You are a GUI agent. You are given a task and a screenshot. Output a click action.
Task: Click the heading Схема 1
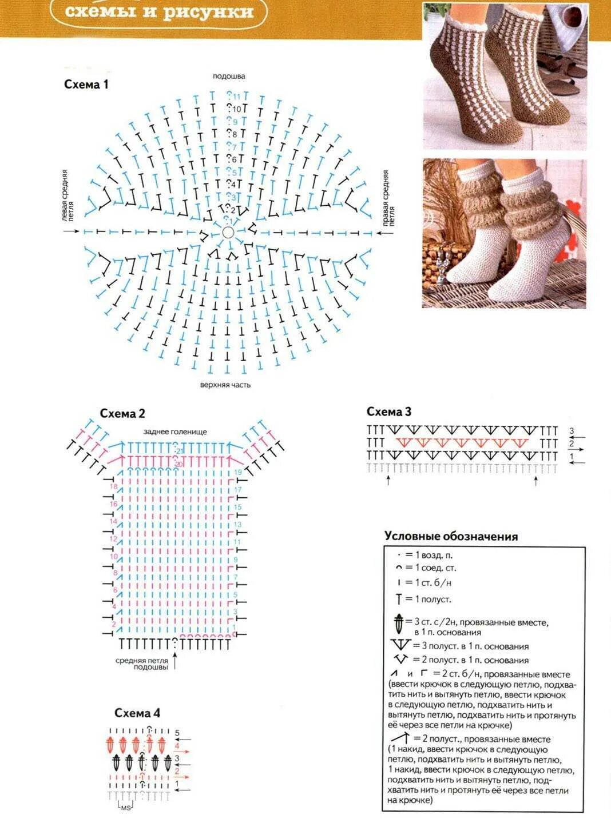[x=86, y=85]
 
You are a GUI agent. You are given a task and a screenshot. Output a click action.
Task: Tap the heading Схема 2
[x=122, y=413]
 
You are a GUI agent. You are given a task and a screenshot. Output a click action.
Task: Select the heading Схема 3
[x=389, y=411]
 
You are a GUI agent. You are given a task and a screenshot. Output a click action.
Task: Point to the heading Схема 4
[x=137, y=713]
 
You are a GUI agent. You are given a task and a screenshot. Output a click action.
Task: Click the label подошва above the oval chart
[x=229, y=76]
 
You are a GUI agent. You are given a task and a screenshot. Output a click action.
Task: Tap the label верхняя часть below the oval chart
[x=225, y=385]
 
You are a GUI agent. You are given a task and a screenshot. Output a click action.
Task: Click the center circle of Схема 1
[x=228, y=232]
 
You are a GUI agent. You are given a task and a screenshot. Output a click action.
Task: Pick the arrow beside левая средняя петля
[x=72, y=231]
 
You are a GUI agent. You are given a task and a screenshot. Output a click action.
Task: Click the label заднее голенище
[x=175, y=432]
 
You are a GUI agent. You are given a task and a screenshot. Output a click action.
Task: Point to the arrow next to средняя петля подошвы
[x=175, y=662]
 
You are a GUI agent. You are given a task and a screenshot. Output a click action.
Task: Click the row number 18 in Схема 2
[x=113, y=486]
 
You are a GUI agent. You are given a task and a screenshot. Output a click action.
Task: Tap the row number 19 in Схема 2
[x=238, y=473]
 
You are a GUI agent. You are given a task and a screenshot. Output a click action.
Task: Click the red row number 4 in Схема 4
[x=177, y=746]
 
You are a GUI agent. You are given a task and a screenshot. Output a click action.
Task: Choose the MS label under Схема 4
[x=125, y=808]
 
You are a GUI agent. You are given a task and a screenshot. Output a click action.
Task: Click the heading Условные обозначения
[x=451, y=536]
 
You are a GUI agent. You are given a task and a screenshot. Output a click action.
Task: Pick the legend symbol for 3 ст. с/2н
[x=399, y=624]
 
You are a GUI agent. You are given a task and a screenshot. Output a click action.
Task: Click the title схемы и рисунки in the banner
[x=159, y=12]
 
